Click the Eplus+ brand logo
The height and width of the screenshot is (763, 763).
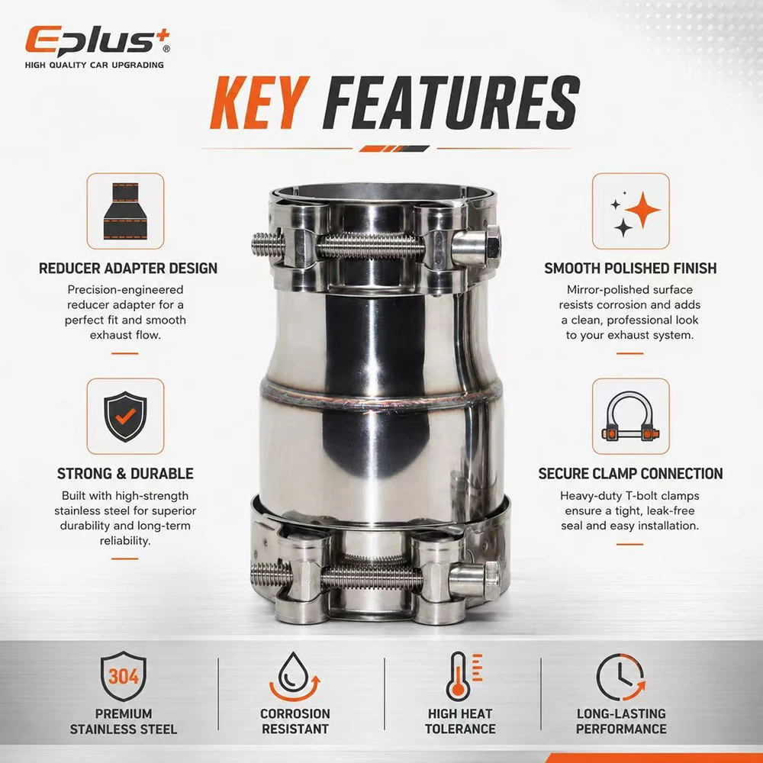(x=98, y=41)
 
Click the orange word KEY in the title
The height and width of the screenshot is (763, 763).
(x=259, y=103)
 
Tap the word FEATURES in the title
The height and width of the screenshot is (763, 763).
(x=451, y=103)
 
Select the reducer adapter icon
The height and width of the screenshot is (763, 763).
(x=126, y=211)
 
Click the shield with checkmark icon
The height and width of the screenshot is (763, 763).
(x=126, y=417)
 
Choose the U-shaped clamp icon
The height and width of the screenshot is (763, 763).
(x=631, y=417)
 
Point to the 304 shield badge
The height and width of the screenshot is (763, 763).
(x=124, y=676)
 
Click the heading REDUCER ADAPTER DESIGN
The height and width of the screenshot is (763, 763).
(x=128, y=268)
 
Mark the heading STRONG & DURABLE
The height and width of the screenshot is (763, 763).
(x=125, y=474)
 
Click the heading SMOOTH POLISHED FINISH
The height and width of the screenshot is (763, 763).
(x=630, y=268)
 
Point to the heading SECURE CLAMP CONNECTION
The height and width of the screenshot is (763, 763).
(x=630, y=474)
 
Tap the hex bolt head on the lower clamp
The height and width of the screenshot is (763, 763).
(x=492, y=580)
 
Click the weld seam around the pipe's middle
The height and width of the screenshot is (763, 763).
(x=381, y=392)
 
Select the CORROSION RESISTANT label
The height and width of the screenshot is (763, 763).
(x=295, y=721)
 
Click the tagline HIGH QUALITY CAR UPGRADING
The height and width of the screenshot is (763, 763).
(x=95, y=65)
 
